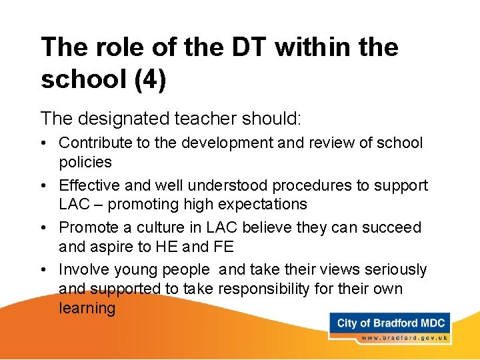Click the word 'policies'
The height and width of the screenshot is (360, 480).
pyautogui.click(x=85, y=162)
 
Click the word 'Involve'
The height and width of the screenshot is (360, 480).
pyautogui.click(x=83, y=269)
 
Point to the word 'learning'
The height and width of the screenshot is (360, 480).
pyautogui.click(x=87, y=308)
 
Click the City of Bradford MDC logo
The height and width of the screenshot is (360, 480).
pyautogui.click(x=391, y=324)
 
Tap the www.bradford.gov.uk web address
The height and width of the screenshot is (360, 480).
pyautogui.click(x=402, y=338)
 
